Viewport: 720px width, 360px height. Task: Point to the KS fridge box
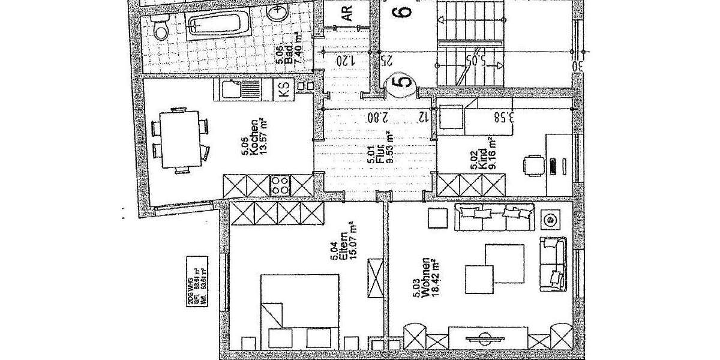284,91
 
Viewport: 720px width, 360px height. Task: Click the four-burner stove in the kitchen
280,185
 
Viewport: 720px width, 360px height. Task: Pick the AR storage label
347,13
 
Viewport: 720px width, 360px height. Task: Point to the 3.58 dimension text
505,116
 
